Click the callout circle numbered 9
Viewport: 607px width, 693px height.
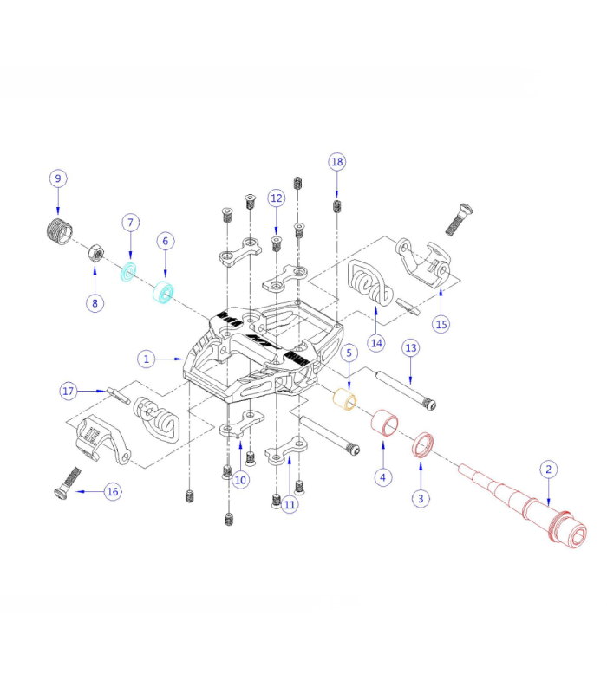pos(58,178)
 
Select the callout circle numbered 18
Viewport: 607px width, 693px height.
pos(337,162)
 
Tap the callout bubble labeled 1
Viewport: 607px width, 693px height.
pos(147,358)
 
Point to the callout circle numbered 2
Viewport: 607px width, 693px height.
pos(548,470)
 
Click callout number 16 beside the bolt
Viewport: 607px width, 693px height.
pos(112,491)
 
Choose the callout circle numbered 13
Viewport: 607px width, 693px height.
pos(411,347)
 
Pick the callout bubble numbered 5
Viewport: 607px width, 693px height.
pos(349,353)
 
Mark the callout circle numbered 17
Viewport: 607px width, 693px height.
pos(69,391)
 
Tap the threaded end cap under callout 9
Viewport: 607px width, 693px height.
pos(58,233)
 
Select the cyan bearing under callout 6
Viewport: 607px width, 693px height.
pos(162,292)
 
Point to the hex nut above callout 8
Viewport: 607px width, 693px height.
pos(96,254)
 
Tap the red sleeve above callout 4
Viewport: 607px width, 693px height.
pos(384,425)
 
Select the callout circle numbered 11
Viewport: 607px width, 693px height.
pos(290,504)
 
